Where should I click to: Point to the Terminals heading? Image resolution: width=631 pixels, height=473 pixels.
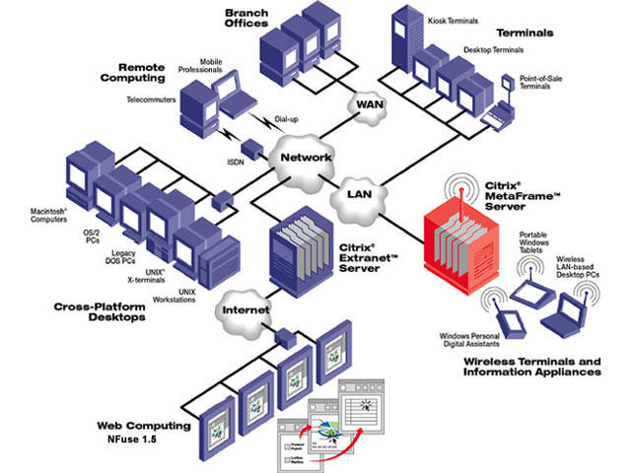553,33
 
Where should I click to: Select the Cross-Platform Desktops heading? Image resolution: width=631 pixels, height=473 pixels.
105,312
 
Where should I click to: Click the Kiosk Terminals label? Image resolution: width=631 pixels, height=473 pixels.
456,20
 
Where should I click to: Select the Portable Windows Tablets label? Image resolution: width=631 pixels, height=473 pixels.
540,241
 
